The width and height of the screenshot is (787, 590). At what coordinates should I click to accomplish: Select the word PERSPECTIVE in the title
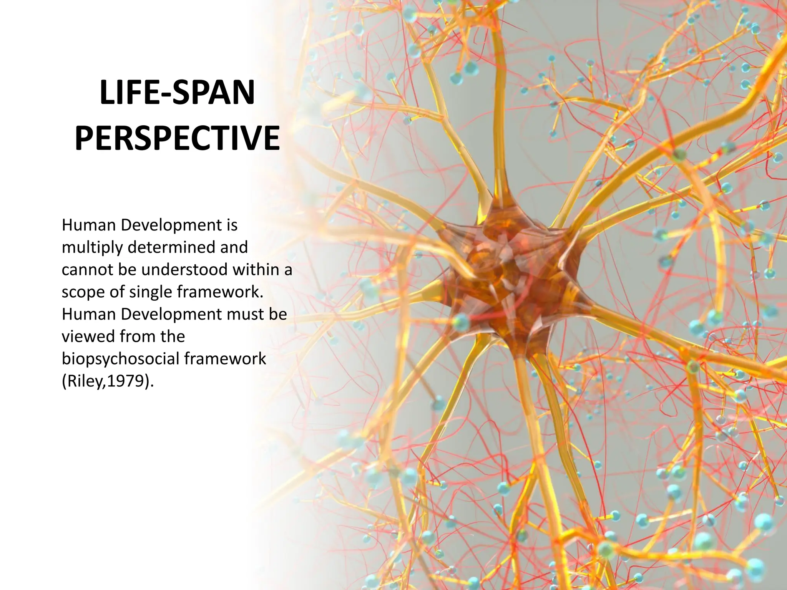pos(177,138)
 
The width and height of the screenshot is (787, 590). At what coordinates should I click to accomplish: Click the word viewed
pos(88,336)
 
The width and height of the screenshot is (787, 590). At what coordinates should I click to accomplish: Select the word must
pos(245,314)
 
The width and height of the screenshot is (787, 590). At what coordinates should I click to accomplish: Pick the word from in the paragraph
pos(134,336)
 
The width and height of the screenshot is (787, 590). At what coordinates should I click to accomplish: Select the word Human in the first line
pos(88,225)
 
